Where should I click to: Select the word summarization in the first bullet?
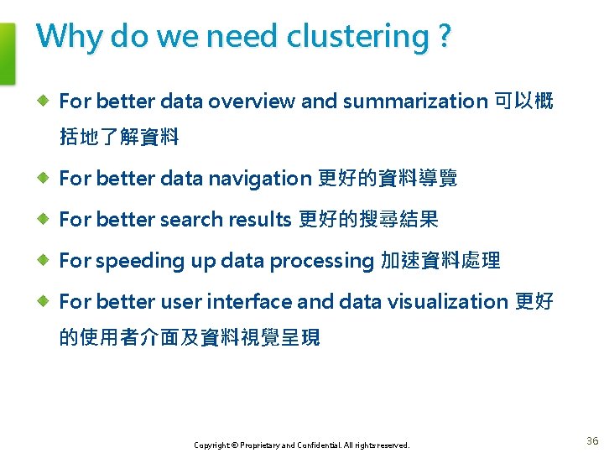point(414,102)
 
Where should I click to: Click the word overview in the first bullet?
point(252,102)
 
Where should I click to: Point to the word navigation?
point(259,178)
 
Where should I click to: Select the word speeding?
point(141,261)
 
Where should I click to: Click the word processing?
point(320,261)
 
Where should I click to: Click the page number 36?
point(592,441)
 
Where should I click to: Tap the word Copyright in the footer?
point(211,445)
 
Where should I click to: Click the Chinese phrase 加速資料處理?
point(440,261)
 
